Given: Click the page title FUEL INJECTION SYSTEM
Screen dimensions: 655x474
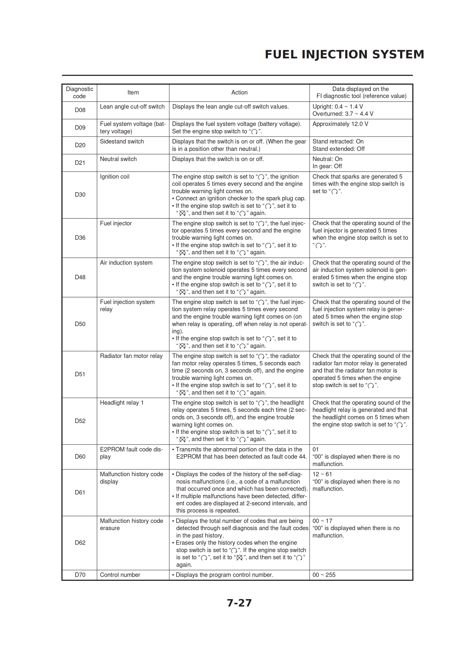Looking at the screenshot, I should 344,54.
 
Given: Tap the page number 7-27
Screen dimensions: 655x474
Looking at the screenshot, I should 239,603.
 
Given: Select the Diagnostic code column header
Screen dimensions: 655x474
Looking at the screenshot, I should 79,93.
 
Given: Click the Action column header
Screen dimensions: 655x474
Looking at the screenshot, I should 239,93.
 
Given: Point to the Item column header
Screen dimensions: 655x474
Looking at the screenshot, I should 133,93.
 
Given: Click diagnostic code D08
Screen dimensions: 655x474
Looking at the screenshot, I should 80,110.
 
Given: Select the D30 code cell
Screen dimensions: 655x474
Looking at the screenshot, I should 80,195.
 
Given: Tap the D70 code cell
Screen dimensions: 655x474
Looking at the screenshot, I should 80,575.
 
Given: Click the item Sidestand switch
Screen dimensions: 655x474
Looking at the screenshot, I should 122,141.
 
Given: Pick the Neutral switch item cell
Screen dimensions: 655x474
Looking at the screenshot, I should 118,159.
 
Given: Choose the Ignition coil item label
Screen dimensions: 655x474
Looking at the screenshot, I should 115,177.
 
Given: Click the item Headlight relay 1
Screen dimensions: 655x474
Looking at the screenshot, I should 122,403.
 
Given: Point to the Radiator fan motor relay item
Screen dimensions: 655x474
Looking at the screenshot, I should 131,356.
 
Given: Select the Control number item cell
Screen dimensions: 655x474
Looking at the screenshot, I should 120,575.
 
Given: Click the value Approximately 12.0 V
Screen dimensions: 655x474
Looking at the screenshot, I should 340,124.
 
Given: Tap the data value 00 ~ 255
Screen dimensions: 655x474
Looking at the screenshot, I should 324,575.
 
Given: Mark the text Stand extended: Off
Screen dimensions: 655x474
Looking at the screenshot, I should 338,149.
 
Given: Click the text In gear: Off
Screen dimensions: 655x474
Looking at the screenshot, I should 327,166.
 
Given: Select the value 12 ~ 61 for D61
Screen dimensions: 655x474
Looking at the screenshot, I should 322,474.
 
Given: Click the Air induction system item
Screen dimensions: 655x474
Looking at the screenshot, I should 126,263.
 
